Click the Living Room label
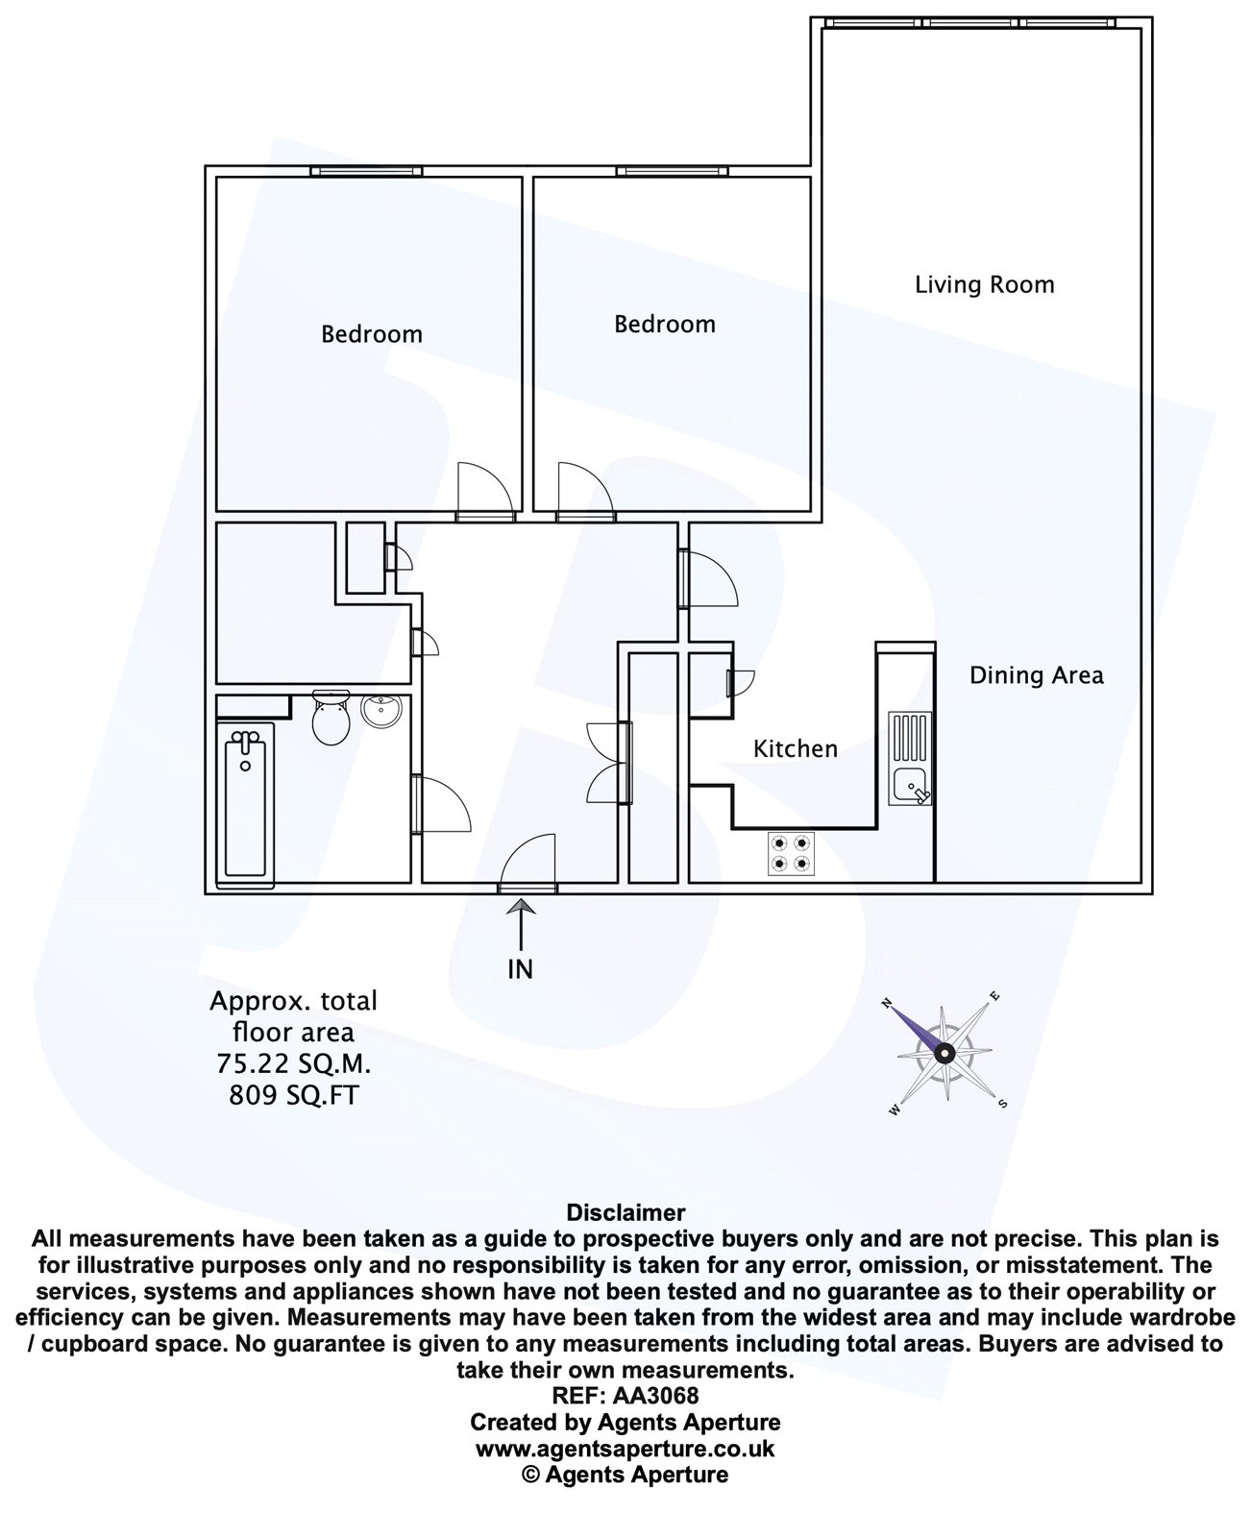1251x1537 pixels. pos(984,285)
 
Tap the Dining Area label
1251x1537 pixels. pos(1036,675)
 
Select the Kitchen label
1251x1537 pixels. pos(795,748)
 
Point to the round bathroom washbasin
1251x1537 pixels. pos(380,711)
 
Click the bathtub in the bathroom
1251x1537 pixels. pos(245,805)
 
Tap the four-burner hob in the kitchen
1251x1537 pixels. pos(791,853)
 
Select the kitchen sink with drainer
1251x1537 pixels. pos(910,758)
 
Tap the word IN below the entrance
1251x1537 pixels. pos(521,969)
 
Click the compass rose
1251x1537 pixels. pos(944,1053)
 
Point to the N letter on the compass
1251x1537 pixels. pos(887,1002)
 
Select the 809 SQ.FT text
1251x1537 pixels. pos(293,1095)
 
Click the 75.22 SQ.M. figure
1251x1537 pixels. pos(293,1063)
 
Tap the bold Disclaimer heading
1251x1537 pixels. pos(625,1212)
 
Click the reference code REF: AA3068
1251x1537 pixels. pos(625,1396)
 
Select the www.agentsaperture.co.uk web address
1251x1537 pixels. pos(625,1449)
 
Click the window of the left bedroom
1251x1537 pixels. pos(366,171)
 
